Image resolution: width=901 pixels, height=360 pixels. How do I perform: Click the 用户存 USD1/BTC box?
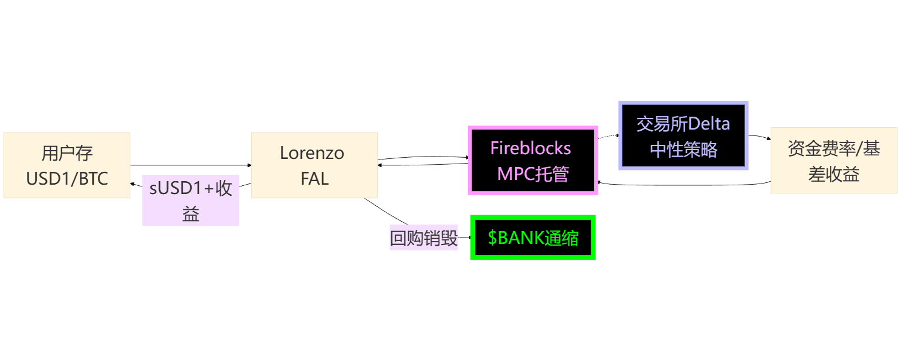coord(67,165)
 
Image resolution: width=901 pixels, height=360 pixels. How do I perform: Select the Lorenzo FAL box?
coord(314,165)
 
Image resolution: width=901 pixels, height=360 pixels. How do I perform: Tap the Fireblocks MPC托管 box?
coord(533,161)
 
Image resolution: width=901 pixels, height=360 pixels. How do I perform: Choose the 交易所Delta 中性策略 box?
coord(683,135)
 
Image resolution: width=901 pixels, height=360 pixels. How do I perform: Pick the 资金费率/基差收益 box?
coord(834,161)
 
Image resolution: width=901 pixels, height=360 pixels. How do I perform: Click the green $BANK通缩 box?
coord(533,237)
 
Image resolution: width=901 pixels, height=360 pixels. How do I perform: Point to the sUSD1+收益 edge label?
coord(191,201)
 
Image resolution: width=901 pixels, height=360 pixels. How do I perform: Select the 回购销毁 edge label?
coord(424,237)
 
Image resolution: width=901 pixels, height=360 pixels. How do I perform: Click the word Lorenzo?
coord(312,153)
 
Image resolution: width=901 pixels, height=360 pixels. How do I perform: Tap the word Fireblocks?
coord(530,148)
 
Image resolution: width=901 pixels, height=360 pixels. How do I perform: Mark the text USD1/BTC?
coord(67,179)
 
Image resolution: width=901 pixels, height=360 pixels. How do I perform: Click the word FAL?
coord(314,179)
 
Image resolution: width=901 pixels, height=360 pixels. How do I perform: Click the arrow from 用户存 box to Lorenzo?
coord(191,165)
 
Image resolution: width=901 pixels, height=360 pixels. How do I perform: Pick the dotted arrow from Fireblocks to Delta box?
coord(608,137)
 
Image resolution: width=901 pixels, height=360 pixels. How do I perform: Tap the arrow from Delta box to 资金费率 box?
coord(760,137)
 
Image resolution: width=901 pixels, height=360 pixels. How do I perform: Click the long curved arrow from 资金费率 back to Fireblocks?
coord(684,185)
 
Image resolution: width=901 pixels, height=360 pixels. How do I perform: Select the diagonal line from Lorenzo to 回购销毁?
coord(385,212)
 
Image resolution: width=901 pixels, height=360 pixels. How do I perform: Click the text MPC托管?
coord(533,174)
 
